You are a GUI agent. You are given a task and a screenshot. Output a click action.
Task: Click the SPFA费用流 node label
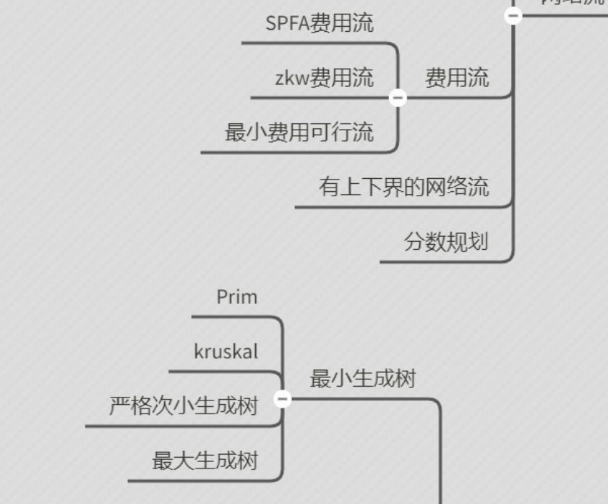click(x=320, y=23)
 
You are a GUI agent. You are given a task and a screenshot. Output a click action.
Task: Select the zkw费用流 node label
click(x=324, y=77)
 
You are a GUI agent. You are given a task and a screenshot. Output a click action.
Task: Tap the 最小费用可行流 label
click(x=299, y=133)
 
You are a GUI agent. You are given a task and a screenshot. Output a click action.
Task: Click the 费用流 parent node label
click(x=456, y=77)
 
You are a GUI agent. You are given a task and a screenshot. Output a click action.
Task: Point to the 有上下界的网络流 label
click(x=403, y=187)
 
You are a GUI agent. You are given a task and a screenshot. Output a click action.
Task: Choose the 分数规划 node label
click(x=445, y=242)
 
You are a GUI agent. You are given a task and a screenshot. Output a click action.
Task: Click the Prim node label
click(x=236, y=297)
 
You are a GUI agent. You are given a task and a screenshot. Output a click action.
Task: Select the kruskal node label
click(x=226, y=352)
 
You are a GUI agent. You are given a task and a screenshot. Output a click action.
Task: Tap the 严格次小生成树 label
click(x=184, y=406)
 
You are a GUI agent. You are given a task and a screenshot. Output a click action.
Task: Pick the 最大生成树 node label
click(x=205, y=461)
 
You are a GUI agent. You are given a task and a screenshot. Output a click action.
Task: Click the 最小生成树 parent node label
click(x=362, y=378)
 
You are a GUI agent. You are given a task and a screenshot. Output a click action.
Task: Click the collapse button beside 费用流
click(x=398, y=98)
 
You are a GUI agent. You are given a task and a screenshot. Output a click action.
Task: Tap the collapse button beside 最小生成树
click(x=283, y=398)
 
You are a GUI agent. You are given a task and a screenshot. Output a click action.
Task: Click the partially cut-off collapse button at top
click(x=513, y=14)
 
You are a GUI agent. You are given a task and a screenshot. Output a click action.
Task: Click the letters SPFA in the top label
click(x=287, y=23)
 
